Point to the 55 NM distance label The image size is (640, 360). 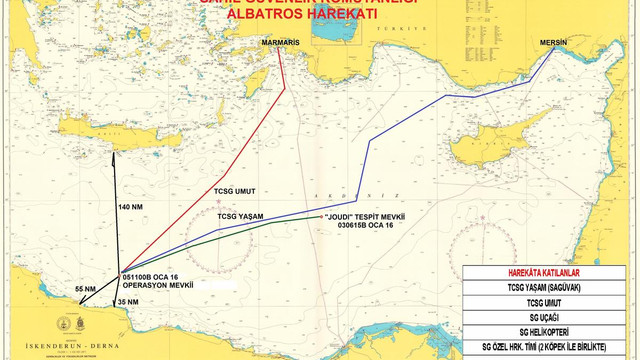coord(86,289)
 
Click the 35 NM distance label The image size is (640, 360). coord(128,301)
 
